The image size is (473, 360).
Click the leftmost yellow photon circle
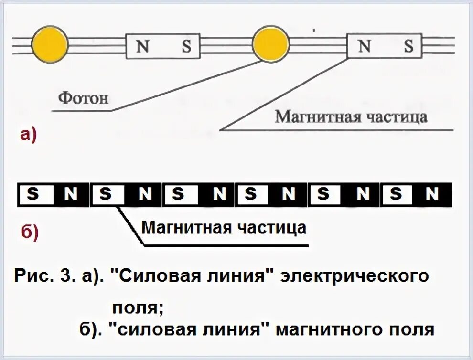pos(50,44)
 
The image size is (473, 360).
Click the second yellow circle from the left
pos(270,45)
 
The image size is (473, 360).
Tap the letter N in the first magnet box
pos(142,46)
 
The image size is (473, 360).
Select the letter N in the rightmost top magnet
pos(364,46)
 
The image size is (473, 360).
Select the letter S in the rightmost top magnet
pos(408,46)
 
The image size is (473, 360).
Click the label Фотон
pos(84,98)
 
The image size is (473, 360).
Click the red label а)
pos(28,135)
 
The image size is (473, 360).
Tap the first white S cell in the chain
pos(33,194)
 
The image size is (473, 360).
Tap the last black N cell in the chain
pos(432,194)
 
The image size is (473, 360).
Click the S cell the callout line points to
pos(106,194)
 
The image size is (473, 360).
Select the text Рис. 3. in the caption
pos(43,277)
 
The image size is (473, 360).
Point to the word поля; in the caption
pos(138,306)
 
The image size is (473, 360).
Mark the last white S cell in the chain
pos(396,194)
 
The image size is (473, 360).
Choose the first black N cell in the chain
pos(70,194)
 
